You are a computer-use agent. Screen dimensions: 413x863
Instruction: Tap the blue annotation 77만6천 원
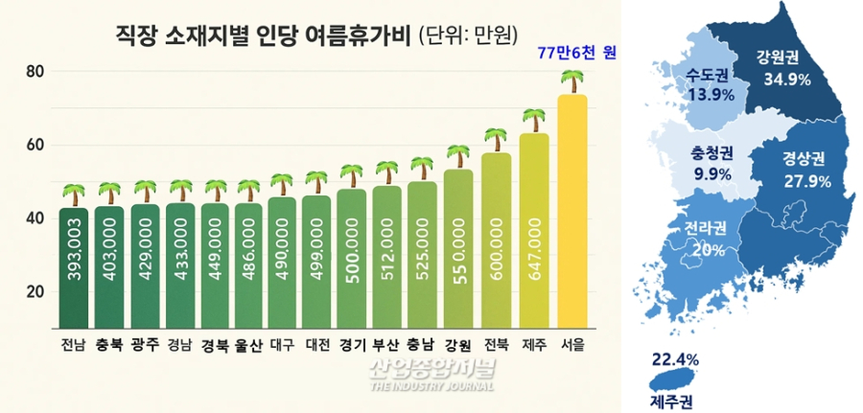coord(575,54)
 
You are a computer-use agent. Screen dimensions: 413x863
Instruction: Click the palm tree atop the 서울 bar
coord(572,81)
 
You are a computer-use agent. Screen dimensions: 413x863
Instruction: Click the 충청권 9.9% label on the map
coord(711,163)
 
